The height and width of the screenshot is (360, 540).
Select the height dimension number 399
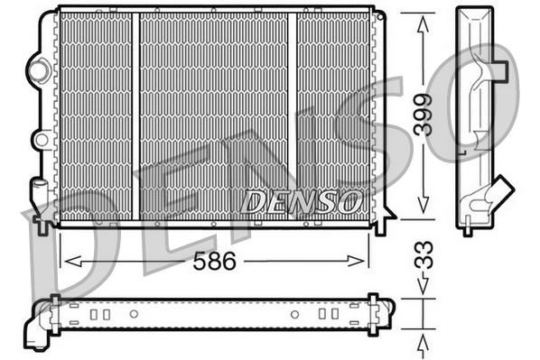422,115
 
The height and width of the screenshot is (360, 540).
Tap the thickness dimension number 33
422,254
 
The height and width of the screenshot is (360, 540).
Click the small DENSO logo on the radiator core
301,201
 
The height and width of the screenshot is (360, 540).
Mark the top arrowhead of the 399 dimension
422,21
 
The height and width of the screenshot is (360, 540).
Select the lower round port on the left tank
40,139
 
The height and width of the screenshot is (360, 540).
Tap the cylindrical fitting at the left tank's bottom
40,194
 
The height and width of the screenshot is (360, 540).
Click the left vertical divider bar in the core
135,115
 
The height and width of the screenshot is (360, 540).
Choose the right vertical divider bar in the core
292,115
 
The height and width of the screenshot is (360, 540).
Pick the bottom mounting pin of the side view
467,229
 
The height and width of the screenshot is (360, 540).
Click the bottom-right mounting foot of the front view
380,226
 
